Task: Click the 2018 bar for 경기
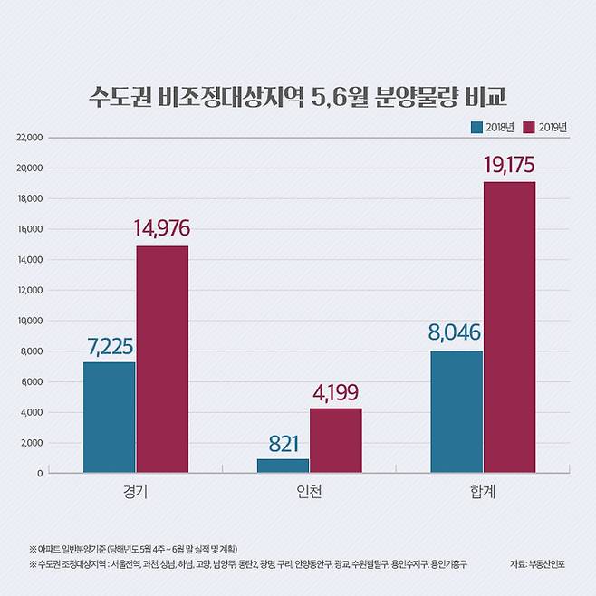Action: point(110,417)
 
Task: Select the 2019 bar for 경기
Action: point(162,359)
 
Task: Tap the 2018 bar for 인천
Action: point(283,466)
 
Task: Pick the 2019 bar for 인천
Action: point(335,440)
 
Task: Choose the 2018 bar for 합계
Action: point(457,411)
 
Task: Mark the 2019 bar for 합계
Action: point(509,327)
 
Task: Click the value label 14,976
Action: point(162,229)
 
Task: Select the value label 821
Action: point(283,444)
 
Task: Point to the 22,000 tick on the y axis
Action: point(30,138)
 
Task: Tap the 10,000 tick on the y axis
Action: point(30,321)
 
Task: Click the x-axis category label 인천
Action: point(310,494)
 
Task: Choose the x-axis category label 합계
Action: point(483,494)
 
